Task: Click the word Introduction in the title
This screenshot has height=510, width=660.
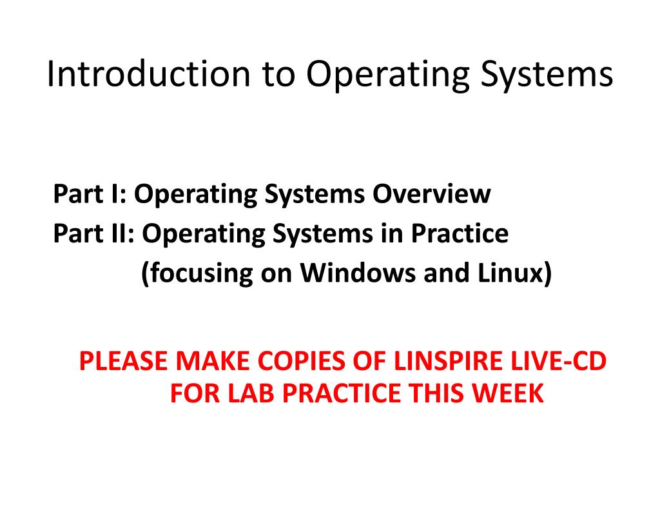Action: (x=148, y=75)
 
